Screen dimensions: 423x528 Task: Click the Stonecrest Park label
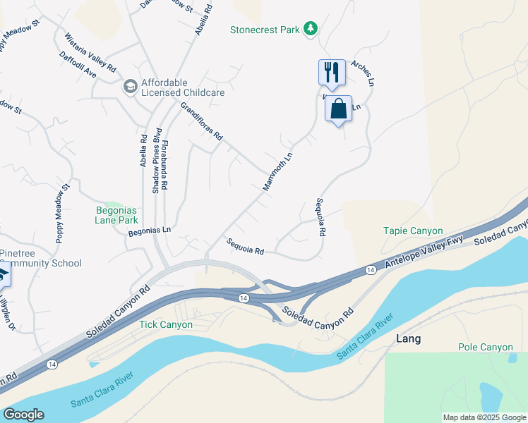pos(264,30)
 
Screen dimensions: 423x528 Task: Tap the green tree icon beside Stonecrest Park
pos(309,29)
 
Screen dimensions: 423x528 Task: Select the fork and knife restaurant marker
pos(332,72)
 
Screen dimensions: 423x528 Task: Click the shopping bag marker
pos(338,109)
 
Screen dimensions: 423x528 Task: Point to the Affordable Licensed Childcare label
pos(183,87)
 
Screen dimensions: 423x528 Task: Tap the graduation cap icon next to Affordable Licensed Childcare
pos(130,87)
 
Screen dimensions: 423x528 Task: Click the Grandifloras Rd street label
pos(201,121)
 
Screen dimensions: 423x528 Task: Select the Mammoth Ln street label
pos(277,169)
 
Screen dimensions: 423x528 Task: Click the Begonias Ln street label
pos(150,230)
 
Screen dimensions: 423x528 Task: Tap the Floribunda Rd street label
pos(164,164)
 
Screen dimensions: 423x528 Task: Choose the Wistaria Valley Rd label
pos(90,51)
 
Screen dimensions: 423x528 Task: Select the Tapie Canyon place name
pos(413,231)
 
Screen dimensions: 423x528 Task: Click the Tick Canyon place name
pos(165,324)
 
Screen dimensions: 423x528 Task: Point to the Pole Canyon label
pos(486,347)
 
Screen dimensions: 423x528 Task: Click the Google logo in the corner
pos(23,415)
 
